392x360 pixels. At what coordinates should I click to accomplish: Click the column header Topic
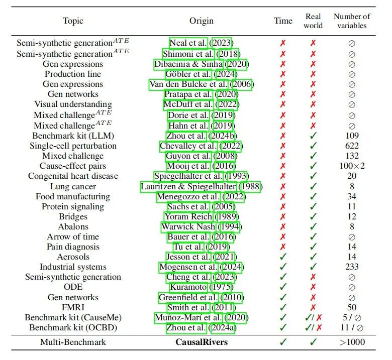(x=73, y=21)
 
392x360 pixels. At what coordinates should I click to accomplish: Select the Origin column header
(x=201, y=21)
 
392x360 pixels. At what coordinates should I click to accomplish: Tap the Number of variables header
(x=352, y=21)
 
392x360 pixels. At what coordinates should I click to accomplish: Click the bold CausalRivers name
(x=201, y=342)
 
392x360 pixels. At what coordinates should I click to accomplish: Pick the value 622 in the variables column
(x=352, y=146)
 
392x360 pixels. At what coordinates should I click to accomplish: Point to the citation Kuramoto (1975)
(x=201, y=287)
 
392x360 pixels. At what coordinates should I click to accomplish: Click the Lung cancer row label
(x=73, y=186)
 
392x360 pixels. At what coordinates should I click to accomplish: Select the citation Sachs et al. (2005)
(x=201, y=206)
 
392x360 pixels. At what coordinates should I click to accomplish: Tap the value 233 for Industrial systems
(x=352, y=267)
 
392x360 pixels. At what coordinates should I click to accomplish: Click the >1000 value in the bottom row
(x=352, y=342)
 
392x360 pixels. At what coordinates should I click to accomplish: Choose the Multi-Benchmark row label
(x=73, y=342)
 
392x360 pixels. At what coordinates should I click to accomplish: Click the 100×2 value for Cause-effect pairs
(x=352, y=166)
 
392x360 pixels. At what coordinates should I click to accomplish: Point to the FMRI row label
(x=73, y=307)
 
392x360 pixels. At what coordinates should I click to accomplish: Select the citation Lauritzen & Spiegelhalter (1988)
(x=201, y=186)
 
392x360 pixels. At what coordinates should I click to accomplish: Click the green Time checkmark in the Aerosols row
(x=283, y=257)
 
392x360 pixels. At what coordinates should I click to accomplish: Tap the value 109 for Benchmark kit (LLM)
(x=352, y=136)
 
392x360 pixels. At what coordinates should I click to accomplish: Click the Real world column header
(x=313, y=21)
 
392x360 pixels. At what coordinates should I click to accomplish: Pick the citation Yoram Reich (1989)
(x=201, y=216)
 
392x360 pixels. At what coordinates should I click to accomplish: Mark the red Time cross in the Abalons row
(x=283, y=226)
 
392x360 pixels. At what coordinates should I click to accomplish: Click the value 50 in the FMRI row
(x=352, y=307)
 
